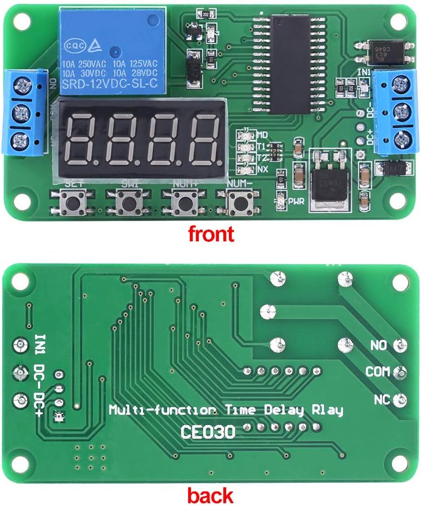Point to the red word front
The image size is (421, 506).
point(210,233)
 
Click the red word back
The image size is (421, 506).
point(210,494)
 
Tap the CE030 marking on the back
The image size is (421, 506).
point(208,431)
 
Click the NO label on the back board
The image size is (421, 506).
point(378,346)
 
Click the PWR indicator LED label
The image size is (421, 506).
point(296,202)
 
